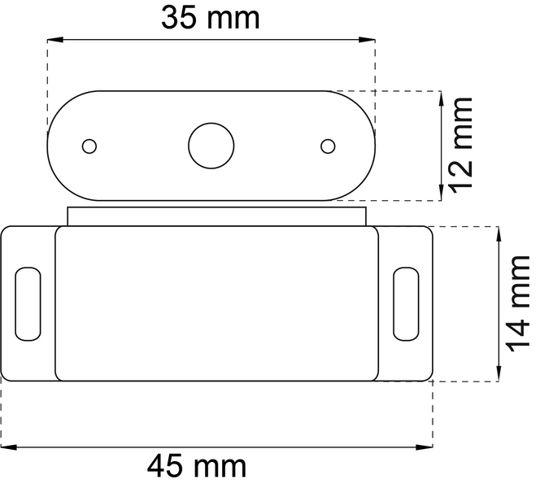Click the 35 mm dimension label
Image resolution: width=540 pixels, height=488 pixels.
coord(210,18)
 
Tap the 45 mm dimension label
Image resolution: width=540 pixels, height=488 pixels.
coord(197,466)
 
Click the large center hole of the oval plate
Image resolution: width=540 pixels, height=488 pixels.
coord(211,146)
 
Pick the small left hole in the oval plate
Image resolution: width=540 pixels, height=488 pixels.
coord(89,146)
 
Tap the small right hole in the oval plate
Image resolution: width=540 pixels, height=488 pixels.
coord(328,146)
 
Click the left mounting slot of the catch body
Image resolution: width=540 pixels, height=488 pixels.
coord(28,304)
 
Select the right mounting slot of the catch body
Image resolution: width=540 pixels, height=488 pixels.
coord(407,304)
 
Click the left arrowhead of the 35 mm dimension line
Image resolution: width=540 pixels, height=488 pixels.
coord(55,40)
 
